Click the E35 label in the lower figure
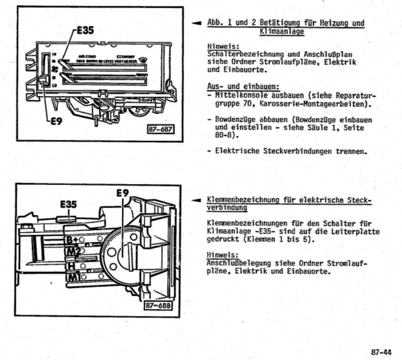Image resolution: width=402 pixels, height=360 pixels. coord(67,204)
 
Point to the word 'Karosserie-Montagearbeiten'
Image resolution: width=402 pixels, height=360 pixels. coord(306,104)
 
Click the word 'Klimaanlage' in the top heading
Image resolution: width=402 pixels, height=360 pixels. coord(282,32)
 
